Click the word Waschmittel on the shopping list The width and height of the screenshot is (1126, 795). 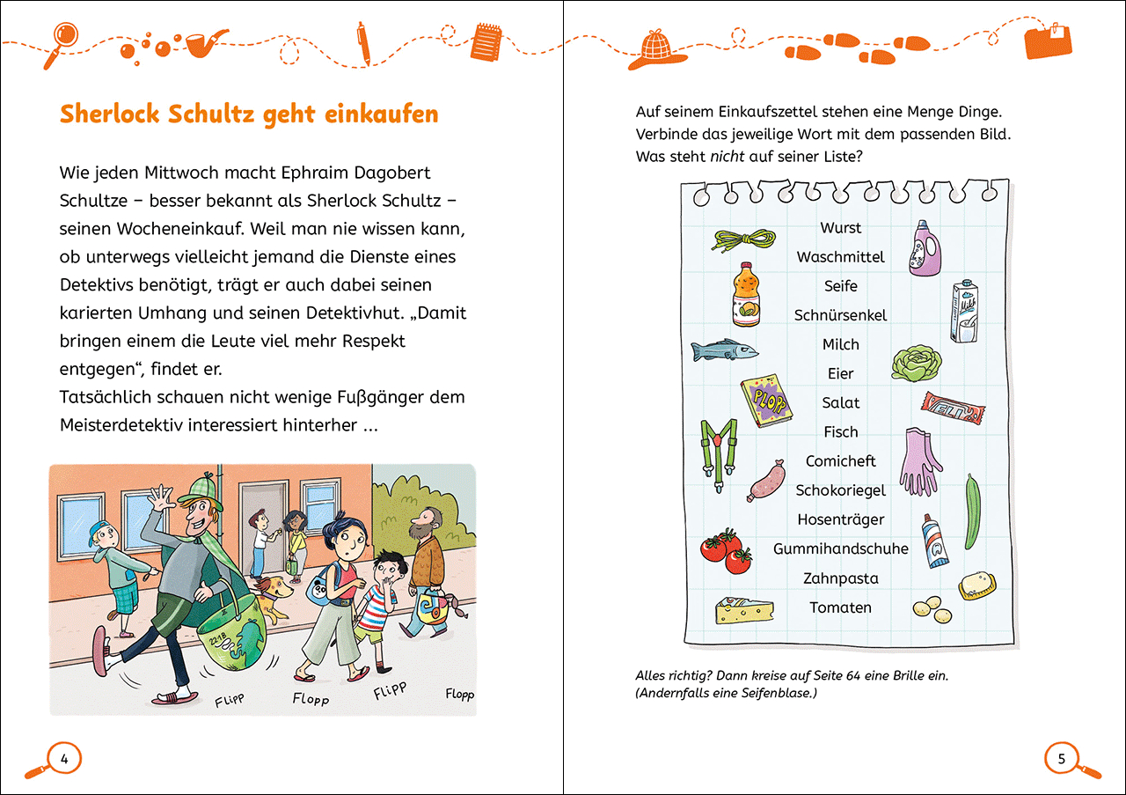pyautogui.click(x=840, y=257)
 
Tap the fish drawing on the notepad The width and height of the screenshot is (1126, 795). pyautogui.click(x=724, y=350)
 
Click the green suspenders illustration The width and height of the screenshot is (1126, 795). pyautogui.click(x=718, y=448)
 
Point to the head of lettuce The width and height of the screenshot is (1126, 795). pyautogui.click(x=917, y=362)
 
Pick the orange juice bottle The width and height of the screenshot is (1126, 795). pyautogui.click(x=746, y=295)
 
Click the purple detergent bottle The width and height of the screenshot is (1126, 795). pyautogui.click(x=925, y=248)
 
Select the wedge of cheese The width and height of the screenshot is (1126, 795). pyautogui.click(x=743, y=609)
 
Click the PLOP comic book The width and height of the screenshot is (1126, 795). pyautogui.click(x=764, y=401)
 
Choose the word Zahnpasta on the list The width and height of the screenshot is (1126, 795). pyautogui.click(x=840, y=578)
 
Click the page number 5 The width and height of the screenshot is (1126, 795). pyautogui.click(x=1061, y=758)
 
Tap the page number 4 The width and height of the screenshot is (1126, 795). pyautogui.click(x=63, y=757)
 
